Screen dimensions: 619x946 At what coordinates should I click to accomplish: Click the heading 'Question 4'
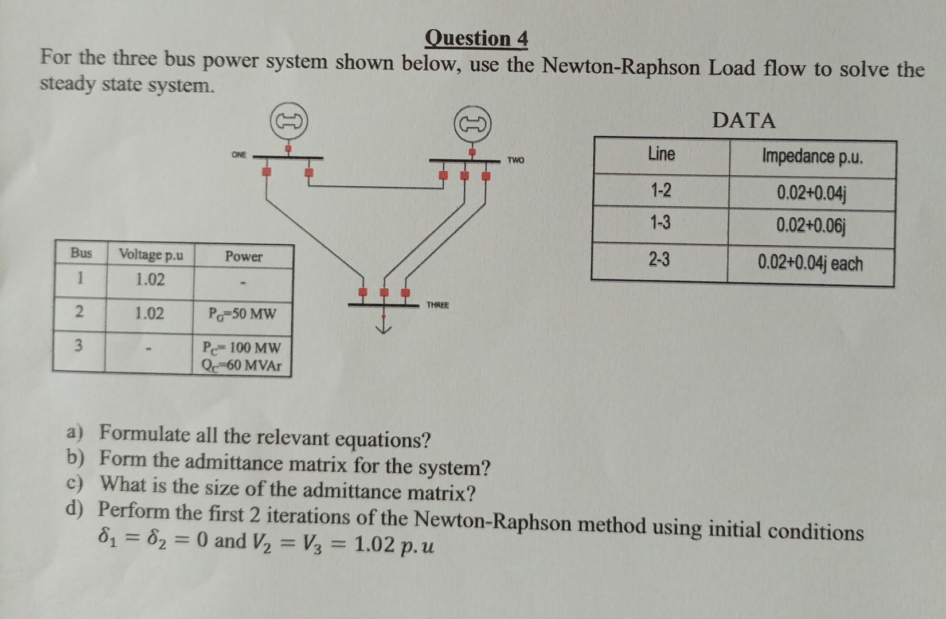[476, 38]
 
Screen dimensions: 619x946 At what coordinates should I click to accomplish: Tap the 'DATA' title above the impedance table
[744, 120]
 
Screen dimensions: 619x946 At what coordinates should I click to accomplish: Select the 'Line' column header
[661, 154]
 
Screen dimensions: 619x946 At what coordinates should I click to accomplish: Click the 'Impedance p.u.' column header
[812, 156]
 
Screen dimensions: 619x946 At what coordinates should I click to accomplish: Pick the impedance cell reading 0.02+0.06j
[811, 226]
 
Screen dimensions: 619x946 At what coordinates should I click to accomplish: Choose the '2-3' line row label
[659, 260]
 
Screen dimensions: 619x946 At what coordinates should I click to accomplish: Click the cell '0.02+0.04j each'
[810, 263]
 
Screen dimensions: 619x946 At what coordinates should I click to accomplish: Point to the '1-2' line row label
[660, 190]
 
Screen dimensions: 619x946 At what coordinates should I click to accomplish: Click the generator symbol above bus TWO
[472, 124]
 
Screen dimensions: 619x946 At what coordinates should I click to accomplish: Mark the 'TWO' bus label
[515, 160]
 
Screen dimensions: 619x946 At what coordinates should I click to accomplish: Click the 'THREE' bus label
[437, 305]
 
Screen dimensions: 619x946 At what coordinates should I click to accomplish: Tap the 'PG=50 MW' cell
[243, 314]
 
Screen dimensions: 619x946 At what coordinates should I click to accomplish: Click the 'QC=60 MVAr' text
[241, 365]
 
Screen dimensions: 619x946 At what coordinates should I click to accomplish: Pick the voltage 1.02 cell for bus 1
[150, 280]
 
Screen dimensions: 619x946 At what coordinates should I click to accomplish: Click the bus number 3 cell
[79, 345]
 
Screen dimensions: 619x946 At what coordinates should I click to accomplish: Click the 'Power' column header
[243, 256]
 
